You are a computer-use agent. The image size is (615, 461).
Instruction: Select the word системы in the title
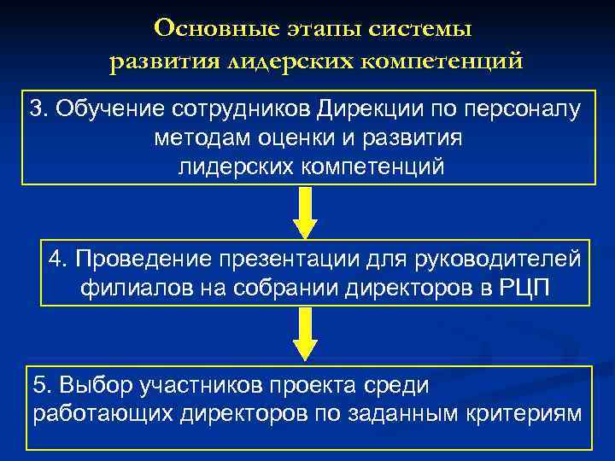point(420,28)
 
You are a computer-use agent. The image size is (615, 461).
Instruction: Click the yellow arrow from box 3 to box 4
point(305,213)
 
